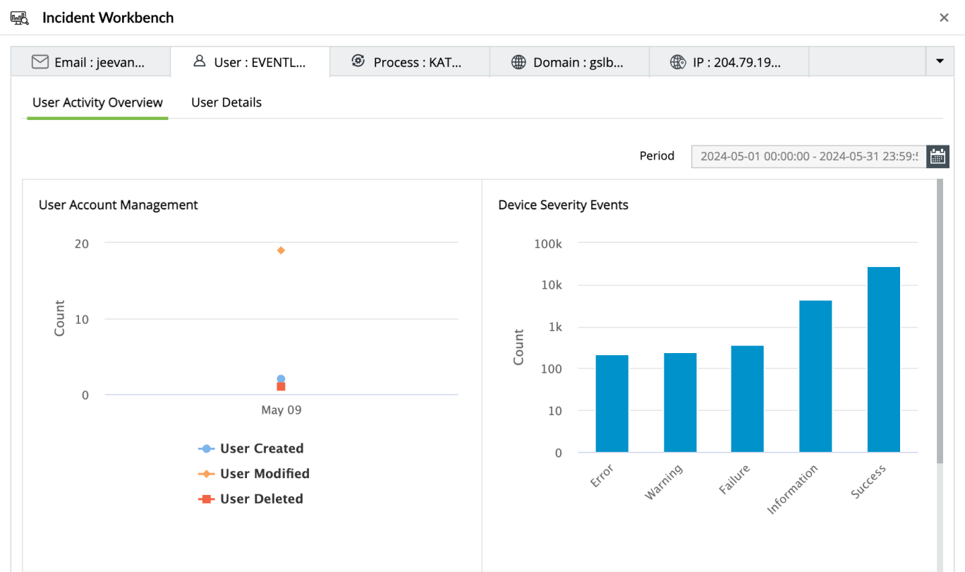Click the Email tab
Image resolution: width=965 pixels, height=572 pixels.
pyautogui.click(x=90, y=62)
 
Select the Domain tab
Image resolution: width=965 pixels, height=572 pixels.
pyautogui.click(x=569, y=62)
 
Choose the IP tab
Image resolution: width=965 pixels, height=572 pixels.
pyautogui.click(x=728, y=62)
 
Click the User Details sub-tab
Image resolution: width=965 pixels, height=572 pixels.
pyautogui.click(x=226, y=102)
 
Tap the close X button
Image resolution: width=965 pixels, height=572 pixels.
pyautogui.click(x=944, y=18)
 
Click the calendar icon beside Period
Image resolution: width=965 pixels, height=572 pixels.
pyautogui.click(x=937, y=156)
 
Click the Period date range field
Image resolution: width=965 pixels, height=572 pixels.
pyautogui.click(x=808, y=156)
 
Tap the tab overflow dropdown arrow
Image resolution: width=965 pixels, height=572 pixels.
pyautogui.click(x=940, y=61)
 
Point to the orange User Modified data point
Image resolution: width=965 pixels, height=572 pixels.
pyautogui.click(x=281, y=251)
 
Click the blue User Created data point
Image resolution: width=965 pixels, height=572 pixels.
pyautogui.click(x=281, y=379)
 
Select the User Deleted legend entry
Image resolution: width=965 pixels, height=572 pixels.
pyautogui.click(x=261, y=499)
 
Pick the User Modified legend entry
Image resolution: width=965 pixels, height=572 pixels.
pyautogui.click(x=265, y=474)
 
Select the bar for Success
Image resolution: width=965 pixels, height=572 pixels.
pyautogui.click(x=883, y=359)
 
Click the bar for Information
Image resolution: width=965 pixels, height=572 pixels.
pyautogui.click(x=815, y=376)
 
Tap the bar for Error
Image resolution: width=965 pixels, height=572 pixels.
pyautogui.click(x=612, y=403)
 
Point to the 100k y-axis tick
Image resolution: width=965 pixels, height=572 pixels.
pyautogui.click(x=549, y=244)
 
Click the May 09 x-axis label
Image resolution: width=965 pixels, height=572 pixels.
pyautogui.click(x=281, y=410)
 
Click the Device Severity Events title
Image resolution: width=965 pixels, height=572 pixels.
pyautogui.click(x=563, y=205)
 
